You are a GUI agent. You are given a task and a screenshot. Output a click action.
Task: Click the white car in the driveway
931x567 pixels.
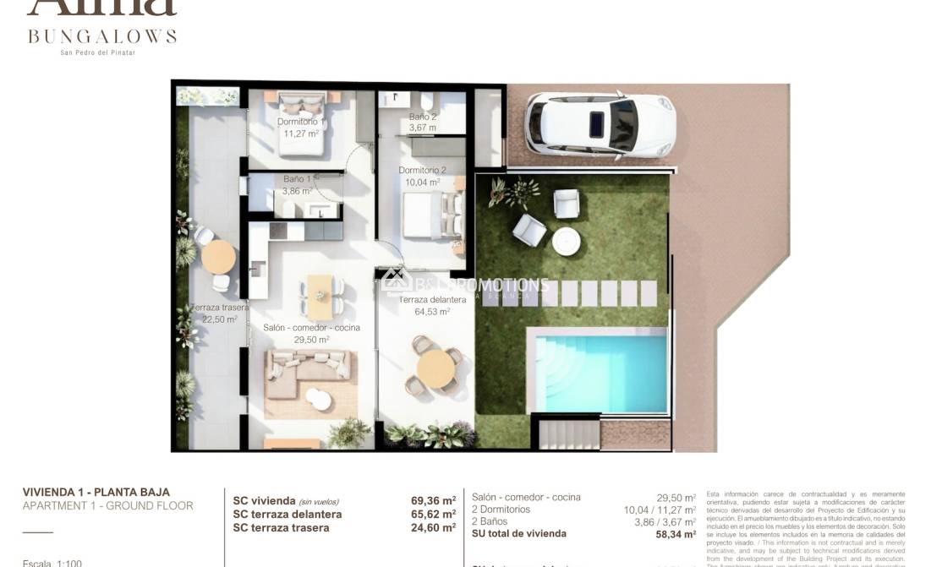click(600, 125)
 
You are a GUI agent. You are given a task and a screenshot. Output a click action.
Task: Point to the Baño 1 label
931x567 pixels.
click(297, 179)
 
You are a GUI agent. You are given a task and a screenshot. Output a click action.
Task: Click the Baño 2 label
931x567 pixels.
click(423, 117)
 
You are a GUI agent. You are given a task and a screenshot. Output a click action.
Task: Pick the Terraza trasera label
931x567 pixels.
click(220, 308)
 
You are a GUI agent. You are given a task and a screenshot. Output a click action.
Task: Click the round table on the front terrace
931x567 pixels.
click(436, 369)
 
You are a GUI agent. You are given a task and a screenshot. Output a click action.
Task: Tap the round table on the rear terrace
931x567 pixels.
click(218, 255)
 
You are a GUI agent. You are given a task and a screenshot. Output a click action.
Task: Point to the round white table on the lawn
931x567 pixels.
click(566, 242)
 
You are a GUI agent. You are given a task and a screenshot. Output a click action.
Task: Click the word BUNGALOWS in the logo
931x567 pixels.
click(102, 36)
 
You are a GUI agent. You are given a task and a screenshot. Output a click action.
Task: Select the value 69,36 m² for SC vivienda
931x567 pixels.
click(433, 500)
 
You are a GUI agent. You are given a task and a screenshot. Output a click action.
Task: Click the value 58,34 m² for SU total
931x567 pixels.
click(672, 534)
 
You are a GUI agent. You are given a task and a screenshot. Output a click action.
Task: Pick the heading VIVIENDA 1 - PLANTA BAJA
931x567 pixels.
click(96, 492)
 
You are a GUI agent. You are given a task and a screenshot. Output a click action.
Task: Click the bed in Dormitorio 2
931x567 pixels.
click(430, 216)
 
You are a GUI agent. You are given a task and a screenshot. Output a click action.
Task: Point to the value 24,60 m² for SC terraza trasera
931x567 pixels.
click(433, 528)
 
